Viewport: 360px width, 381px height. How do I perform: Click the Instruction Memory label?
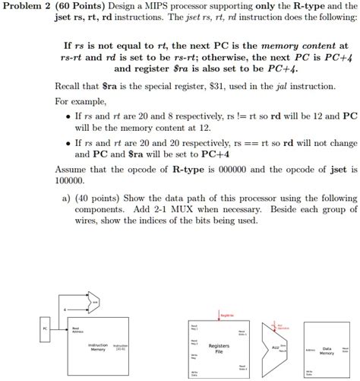[x=98, y=347]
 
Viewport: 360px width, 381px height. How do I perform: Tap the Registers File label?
[x=219, y=348]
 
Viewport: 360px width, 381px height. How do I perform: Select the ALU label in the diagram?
[x=276, y=347]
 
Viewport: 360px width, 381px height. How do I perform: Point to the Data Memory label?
[x=327, y=351]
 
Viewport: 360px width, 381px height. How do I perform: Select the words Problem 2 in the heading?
[x=27, y=7]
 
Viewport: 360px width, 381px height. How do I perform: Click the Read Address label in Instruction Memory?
[x=77, y=330]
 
